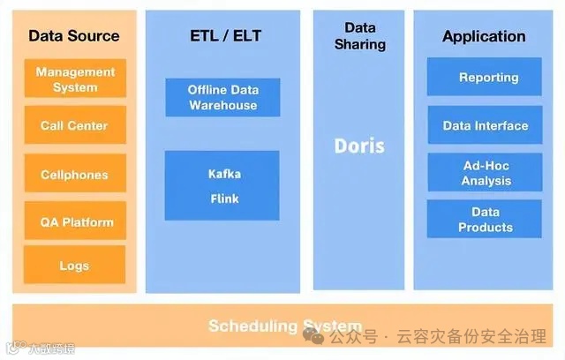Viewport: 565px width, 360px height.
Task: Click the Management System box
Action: pos(75,79)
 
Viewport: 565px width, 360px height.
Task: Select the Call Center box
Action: pos(75,126)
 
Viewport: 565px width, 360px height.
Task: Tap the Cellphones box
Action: pos(75,175)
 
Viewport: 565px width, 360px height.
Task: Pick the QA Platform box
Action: pos(75,222)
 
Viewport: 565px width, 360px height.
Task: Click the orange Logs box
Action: pos(75,266)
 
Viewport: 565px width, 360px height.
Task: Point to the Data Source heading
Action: pos(74,36)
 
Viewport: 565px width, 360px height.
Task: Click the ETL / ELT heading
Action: pos(225,36)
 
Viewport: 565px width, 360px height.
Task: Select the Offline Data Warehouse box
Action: pos(222,97)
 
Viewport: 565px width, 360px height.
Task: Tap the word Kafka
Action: pos(224,174)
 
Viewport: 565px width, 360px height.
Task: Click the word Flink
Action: pos(224,199)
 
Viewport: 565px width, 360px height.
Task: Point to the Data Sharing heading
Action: pos(359,36)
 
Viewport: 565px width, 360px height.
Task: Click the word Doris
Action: pos(359,146)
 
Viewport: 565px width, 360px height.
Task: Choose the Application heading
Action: pos(484,36)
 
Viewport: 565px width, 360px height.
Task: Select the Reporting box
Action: pos(485,78)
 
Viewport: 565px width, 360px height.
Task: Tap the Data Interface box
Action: pos(485,126)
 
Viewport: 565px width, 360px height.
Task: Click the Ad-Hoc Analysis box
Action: pos(485,173)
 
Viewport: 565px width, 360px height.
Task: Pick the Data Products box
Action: pos(485,220)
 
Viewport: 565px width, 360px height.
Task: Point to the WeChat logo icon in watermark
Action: pos(313,336)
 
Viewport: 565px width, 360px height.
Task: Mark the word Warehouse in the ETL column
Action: pos(222,105)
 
